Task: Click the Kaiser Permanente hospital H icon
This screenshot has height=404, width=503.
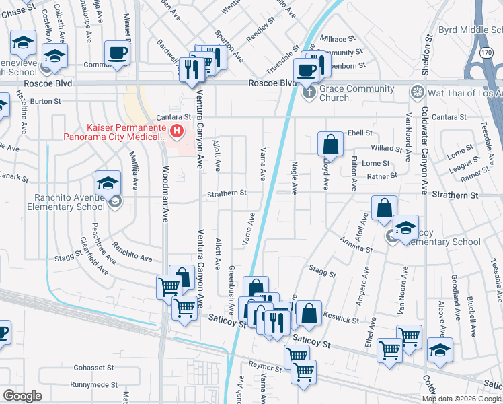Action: pyautogui.click(x=178, y=131)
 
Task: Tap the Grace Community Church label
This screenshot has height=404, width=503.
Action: pyautogui.click(x=358, y=93)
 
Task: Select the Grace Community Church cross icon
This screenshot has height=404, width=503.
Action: pyautogui.click(x=309, y=92)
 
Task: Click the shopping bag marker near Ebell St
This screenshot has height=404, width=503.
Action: pyautogui.click(x=331, y=144)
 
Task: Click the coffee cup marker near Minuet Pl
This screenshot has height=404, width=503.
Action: pyautogui.click(x=118, y=53)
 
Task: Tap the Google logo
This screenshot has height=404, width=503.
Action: pyautogui.click(x=23, y=396)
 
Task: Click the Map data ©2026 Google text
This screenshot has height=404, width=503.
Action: pyautogui.click(x=461, y=399)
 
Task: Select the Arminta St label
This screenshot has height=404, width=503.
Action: pyautogui.click(x=356, y=244)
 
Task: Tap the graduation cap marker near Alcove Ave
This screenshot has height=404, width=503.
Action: pyautogui.click(x=440, y=351)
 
